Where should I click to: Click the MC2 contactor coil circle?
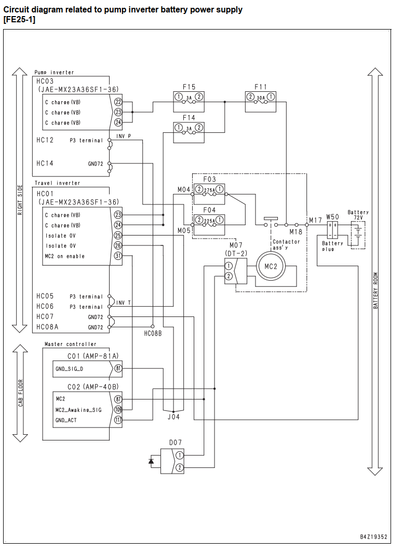[271, 267]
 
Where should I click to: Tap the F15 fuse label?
[189, 87]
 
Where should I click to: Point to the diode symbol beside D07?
[152, 461]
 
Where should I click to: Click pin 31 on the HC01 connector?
[118, 256]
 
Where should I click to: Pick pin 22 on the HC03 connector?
[118, 102]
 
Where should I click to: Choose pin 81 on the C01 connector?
[118, 368]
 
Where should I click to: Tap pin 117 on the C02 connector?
[118, 420]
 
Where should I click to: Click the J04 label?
[173, 417]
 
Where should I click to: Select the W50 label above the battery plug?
[332, 217]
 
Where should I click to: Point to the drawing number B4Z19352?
[373, 537]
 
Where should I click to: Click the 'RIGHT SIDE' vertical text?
[20, 200]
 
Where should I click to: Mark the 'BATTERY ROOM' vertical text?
[375, 291]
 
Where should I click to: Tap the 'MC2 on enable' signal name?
[65, 256]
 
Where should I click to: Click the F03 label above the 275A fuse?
[209, 179]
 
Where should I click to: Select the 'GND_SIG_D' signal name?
[70, 369]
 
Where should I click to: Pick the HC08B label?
[153, 334]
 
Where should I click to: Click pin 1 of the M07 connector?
[229, 266]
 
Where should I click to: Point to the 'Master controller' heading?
[71, 344]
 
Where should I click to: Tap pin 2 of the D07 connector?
[179, 467]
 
